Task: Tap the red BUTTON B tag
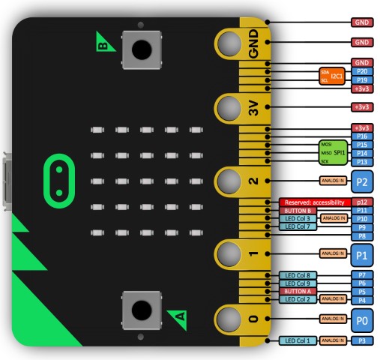click(298, 211)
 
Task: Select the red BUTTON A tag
click(298, 290)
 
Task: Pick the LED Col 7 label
click(298, 226)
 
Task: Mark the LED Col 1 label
click(298, 340)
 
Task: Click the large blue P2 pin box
click(362, 181)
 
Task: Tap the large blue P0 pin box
click(362, 319)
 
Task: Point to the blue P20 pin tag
click(362, 70)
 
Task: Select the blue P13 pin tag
click(362, 161)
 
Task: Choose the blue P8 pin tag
click(362, 235)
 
